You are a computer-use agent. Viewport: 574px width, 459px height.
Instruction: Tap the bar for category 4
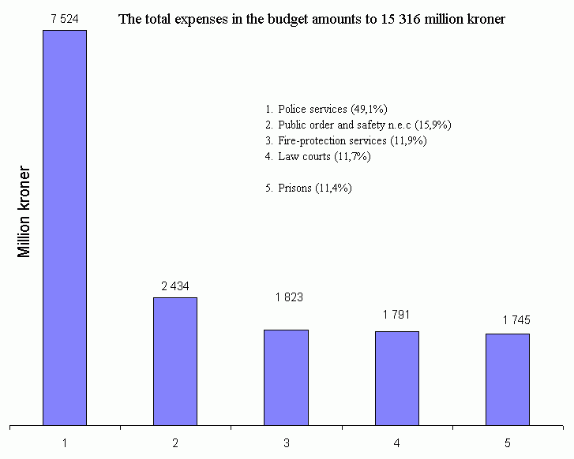[x=396, y=378]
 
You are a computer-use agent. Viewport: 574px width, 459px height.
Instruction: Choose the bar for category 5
[x=507, y=379]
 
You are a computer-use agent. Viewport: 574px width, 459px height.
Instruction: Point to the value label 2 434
[x=175, y=285]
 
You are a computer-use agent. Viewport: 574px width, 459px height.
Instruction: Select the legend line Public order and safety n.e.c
[x=358, y=125]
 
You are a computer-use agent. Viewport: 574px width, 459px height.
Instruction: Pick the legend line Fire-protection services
[x=346, y=140]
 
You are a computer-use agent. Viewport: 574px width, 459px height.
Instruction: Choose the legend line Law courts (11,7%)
[x=318, y=156]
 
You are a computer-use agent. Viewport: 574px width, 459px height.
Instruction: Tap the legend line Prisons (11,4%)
[x=309, y=188]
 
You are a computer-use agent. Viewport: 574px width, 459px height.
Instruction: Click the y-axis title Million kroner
[x=25, y=211]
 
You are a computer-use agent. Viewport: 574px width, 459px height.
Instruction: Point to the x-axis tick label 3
[x=286, y=442]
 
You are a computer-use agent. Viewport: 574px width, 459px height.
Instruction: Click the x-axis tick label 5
[x=507, y=442]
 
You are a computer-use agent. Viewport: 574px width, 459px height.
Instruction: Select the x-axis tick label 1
[x=65, y=442]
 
